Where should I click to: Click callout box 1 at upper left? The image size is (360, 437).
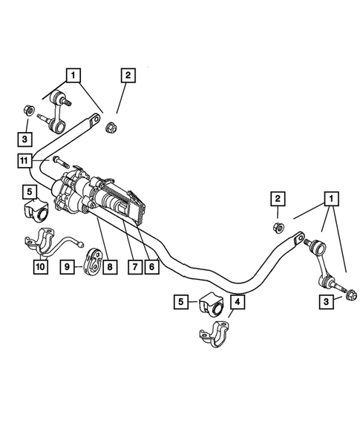coord(72,74)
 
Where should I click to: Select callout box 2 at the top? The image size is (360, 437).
coord(128,74)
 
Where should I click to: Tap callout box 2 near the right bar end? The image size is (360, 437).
coord(275,198)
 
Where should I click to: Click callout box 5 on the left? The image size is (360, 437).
coord(30,191)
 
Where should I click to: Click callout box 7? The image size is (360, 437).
coord(134,266)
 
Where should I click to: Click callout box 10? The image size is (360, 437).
coord(40,266)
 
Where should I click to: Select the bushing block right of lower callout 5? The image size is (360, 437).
coord(209,302)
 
